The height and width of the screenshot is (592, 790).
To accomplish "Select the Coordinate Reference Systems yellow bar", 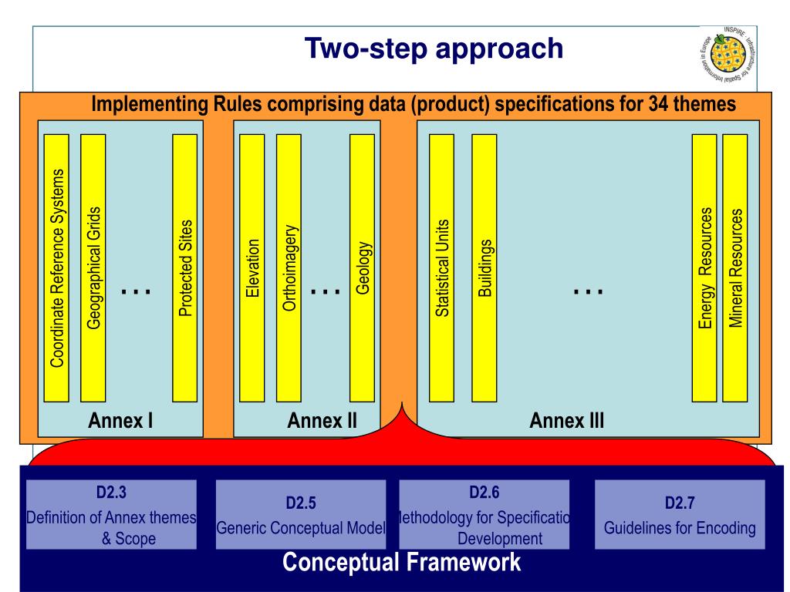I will pos(56,267).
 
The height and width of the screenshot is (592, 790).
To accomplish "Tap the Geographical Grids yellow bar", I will pos(93,267).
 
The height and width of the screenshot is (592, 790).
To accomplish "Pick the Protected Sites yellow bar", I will pos(184,267).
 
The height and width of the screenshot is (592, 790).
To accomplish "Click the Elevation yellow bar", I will pos(252,267).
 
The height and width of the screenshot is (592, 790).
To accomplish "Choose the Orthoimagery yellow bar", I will pos(288,267).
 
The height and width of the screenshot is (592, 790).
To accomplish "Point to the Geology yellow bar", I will pos(362,267).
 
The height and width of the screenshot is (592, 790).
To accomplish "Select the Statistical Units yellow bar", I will pos(441,267).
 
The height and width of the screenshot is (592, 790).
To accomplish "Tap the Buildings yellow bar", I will pos(483,267).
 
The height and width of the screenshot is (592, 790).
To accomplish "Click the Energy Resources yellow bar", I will pos(704,267).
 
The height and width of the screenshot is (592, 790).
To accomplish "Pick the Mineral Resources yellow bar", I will pos(735,267).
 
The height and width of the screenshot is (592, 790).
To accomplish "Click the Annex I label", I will pos(120,421).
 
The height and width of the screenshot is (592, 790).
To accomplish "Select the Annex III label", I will pos(567,421).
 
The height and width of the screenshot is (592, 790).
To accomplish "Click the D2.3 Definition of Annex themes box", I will pos(110,514).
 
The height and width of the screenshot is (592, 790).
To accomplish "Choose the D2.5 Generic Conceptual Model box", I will pos(300,514).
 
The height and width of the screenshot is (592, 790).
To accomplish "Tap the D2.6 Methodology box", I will pos(484,514).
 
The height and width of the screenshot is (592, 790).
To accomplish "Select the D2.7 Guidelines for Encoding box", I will pos(680,514).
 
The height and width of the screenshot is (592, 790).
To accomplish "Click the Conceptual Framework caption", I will pos(401,562).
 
